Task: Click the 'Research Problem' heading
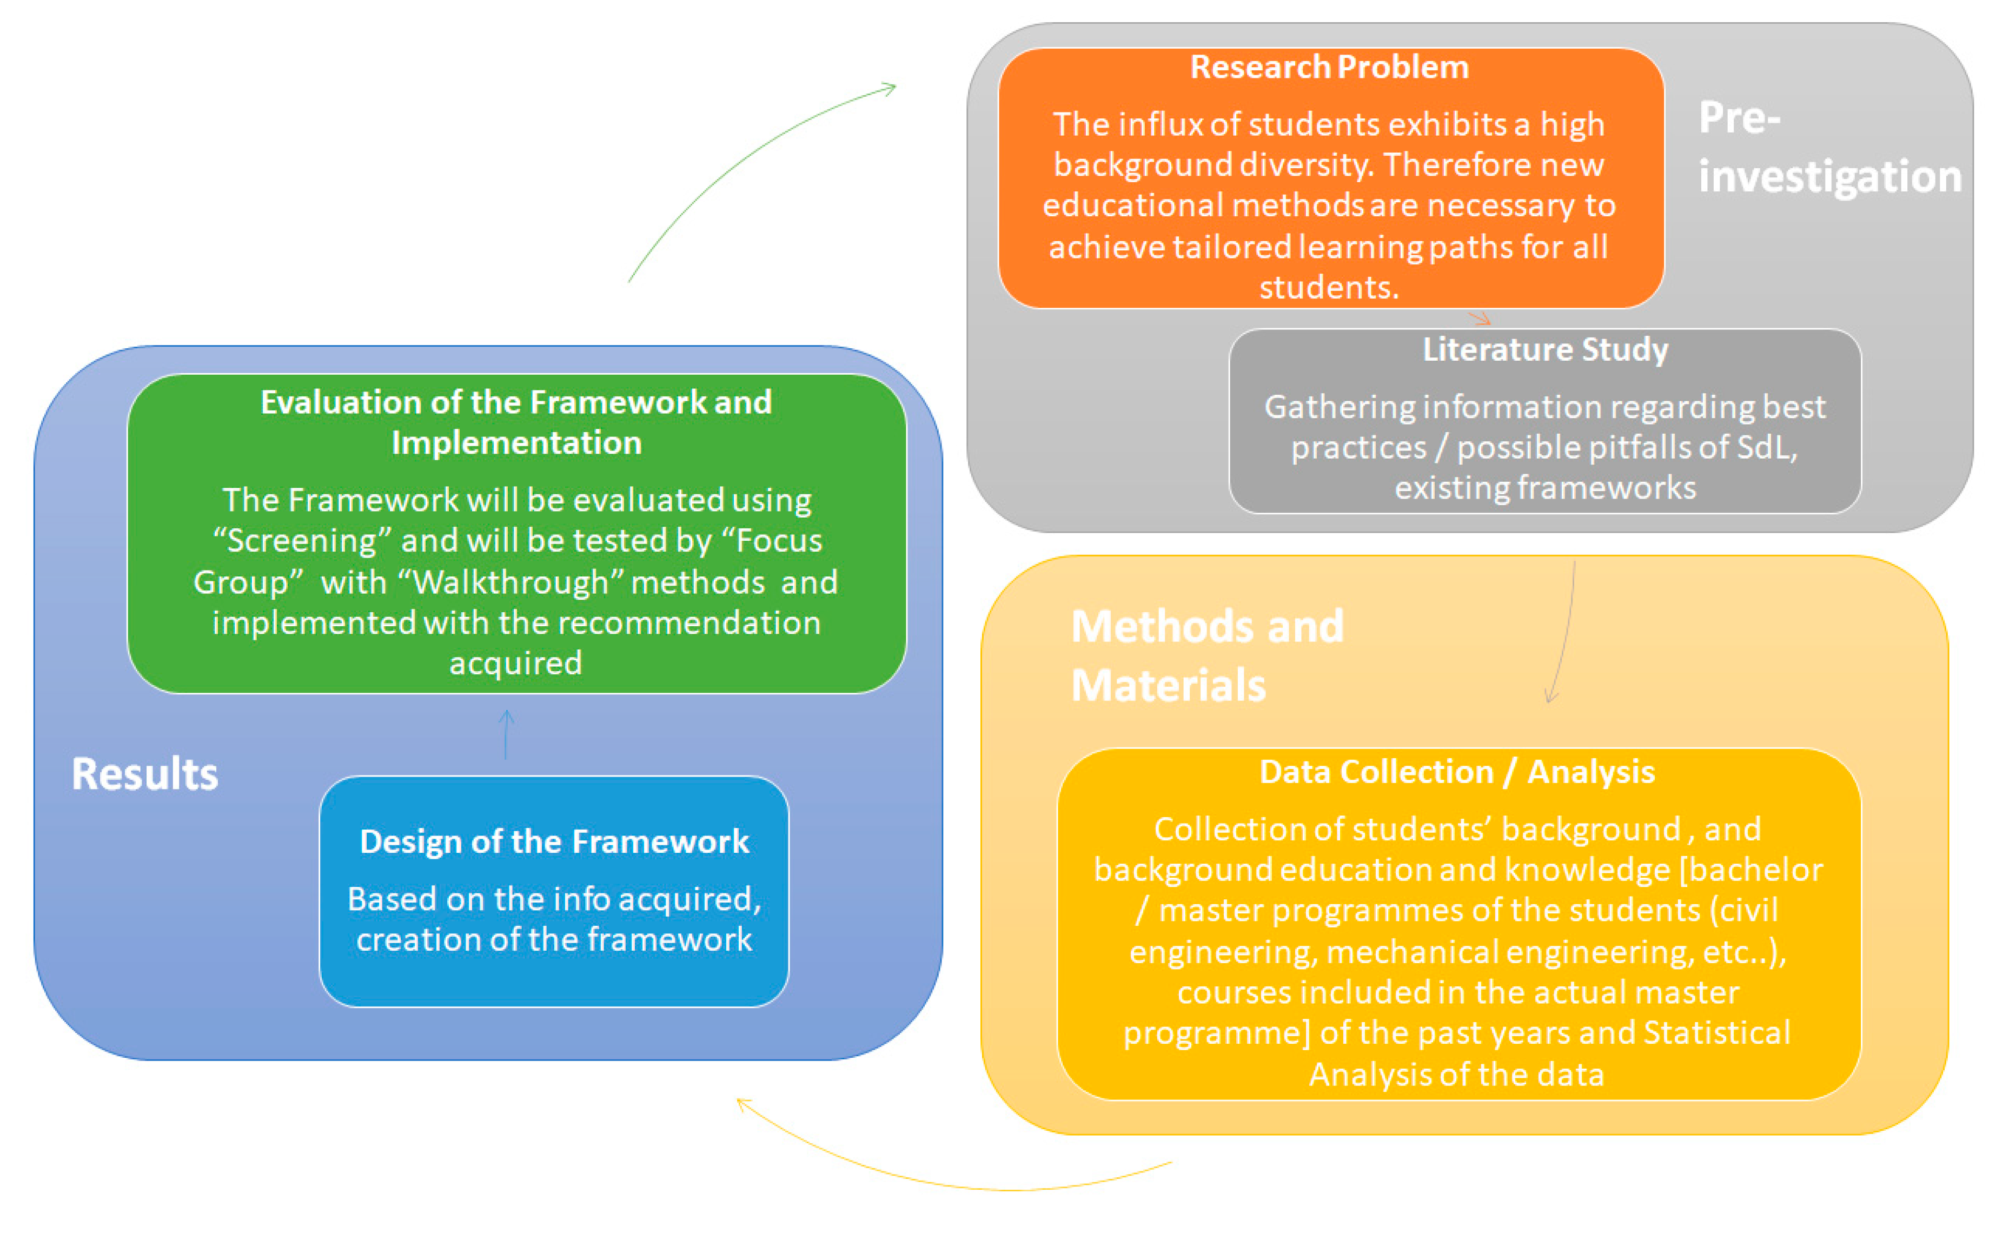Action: pyautogui.click(x=1329, y=67)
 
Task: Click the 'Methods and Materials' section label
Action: pyautogui.click(x=1206, y=655)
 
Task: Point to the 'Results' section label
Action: pyautogui.click(x=145, y=774)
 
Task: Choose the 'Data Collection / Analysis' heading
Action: pyautogui.click(x=1457, y=772)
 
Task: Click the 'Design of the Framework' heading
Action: pyautogui.click(x=554, y=841)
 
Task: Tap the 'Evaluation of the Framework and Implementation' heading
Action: pyautogui.click(x=516, y=422)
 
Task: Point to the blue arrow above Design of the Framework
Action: pyautogui.click(x=506, y=734)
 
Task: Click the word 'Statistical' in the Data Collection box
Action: pyautogui.click(x=1716, y=1033)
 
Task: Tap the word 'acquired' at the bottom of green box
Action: pyautogui.click(x=516, y=664)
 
